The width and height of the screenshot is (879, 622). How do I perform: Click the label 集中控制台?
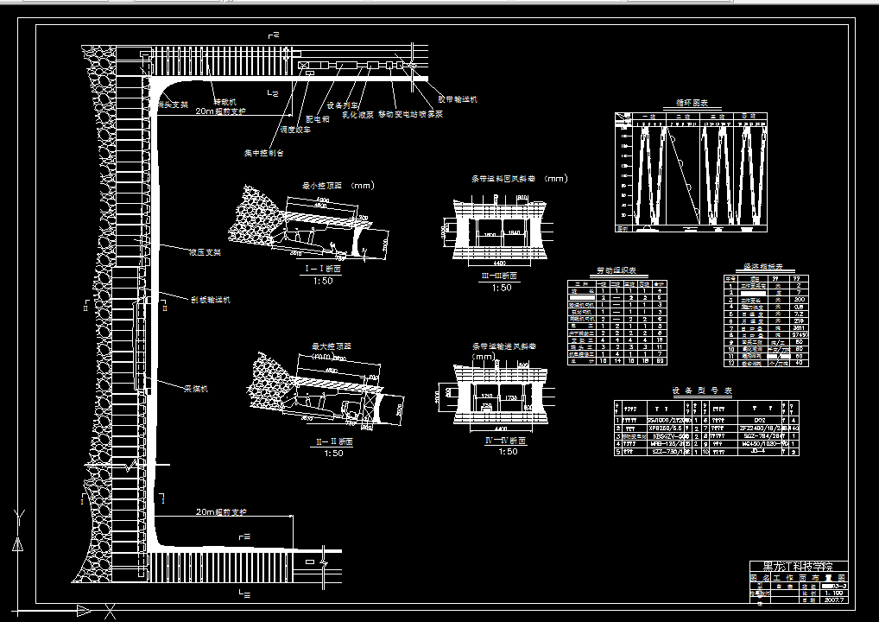coord(263,153)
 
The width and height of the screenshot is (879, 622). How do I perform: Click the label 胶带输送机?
coord(458,99)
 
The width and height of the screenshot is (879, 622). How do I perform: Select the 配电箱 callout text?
coord(319,120)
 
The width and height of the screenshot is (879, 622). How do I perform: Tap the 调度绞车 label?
coord(295,130)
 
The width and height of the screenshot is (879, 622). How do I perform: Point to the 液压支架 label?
coord(206,252)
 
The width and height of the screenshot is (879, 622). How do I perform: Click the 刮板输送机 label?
coord(211,300)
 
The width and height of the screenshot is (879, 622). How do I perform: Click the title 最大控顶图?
coord(332,346)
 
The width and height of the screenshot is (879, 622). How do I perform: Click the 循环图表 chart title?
coord(692,103)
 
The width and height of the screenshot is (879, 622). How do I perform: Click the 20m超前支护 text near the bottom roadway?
coord(221,512)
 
